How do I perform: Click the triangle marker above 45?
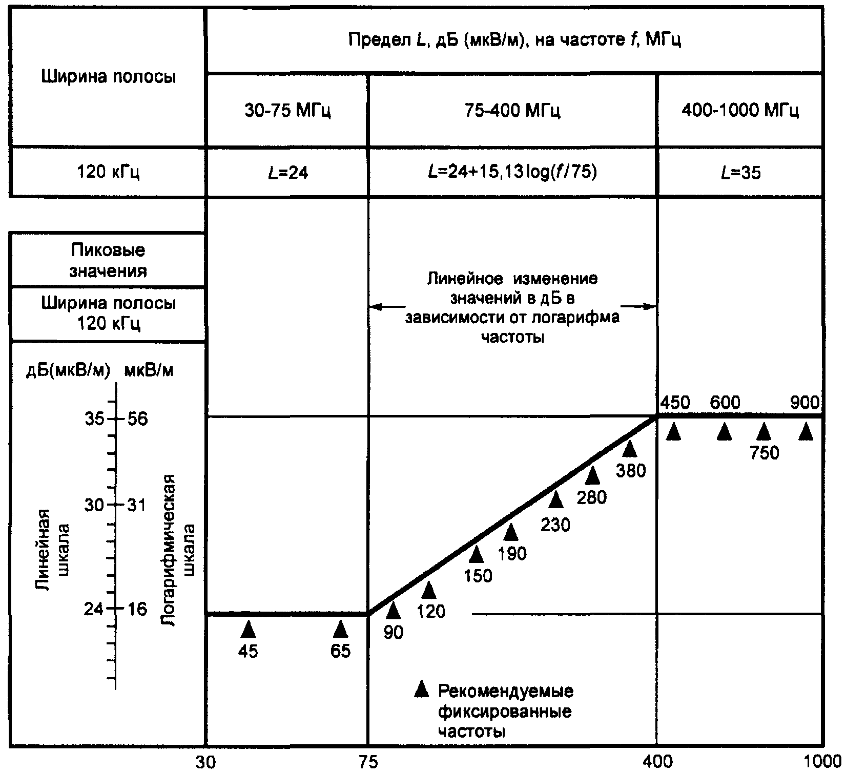pos(248,629)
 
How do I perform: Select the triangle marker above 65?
pos(340,629)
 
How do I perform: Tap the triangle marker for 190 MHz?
pos(510,533)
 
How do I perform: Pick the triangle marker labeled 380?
pos(629,449)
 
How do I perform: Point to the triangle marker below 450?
pos(674,432)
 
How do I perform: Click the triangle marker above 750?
pos(764,432)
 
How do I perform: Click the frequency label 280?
pos(591,496)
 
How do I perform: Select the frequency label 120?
pos(431,611)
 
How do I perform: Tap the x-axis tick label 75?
pos(367,762)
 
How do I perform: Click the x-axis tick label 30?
pos(205,762)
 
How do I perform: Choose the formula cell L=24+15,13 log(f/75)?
pos(512,173)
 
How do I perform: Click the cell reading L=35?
pos(740,173)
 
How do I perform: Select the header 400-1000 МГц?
pos(740,111)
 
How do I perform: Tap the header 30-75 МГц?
pos(287,111)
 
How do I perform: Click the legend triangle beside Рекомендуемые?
pos(421,689)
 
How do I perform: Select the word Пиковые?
pos(108,250)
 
